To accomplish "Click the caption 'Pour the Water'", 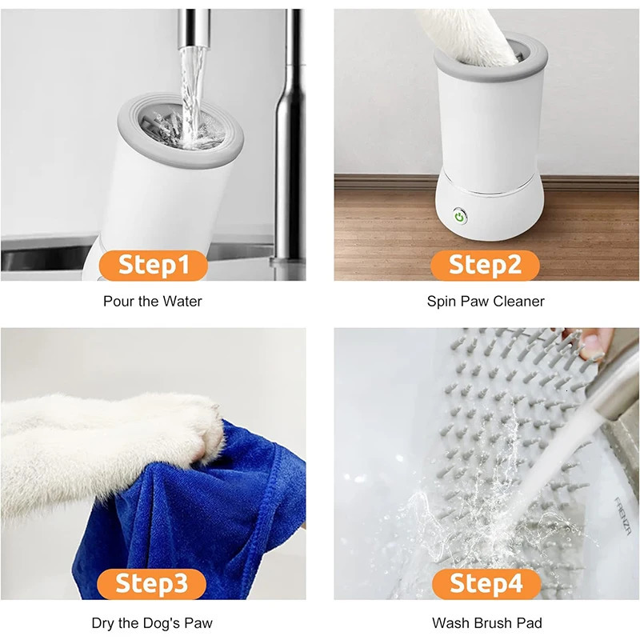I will [x=153, y=302].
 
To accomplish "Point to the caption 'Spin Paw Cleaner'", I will [x=486, y=302].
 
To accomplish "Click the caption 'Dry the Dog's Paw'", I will [x=153, y=622].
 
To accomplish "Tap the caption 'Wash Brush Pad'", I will [x=486, y=622].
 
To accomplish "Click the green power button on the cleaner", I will [x=460, y=215].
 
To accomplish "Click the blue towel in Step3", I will [x=208, y=512].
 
